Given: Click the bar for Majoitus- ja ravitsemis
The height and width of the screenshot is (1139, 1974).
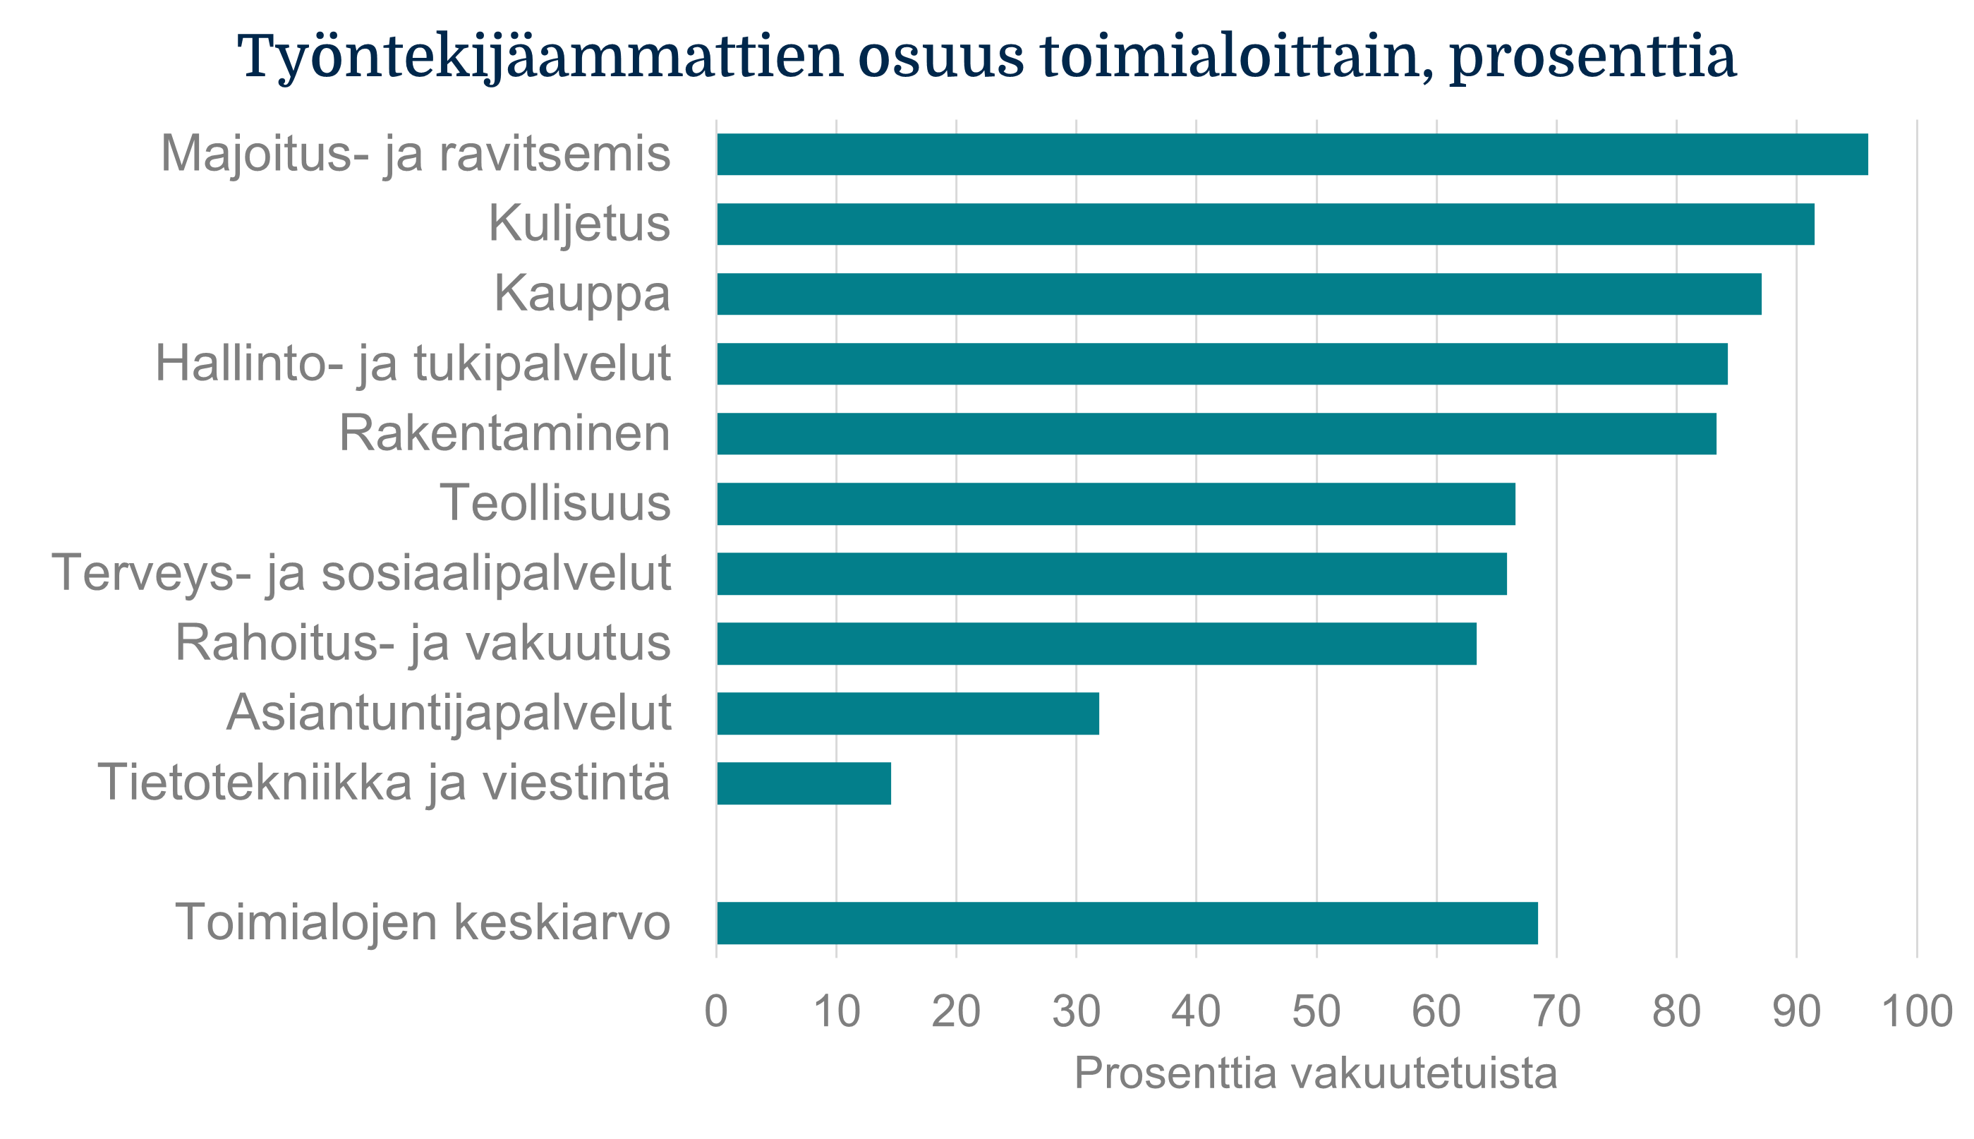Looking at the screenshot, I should [x=1292, y=154].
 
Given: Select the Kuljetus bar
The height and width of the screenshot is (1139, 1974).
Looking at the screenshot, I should [x=1266, y=224].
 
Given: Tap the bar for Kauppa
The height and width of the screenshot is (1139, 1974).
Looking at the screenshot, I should [x=1239, y=294].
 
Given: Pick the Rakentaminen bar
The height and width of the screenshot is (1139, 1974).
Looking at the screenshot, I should [x=1216, y=433].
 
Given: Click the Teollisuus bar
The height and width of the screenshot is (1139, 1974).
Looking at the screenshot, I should [x=1116, y=504].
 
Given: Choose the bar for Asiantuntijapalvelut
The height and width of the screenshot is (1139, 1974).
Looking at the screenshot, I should [x=908, y=713].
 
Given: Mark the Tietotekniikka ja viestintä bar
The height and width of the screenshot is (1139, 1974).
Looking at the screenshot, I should [x=804, y=783].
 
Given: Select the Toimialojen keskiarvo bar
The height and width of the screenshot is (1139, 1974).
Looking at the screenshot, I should [x=1127, y=923].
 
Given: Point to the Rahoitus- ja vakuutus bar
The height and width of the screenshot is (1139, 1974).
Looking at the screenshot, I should [x=1096, y=643].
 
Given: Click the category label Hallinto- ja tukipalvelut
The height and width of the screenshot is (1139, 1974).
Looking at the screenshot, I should [x=412, y=363].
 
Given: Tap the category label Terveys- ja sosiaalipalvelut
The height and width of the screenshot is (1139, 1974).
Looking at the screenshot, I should [x=361, y=574].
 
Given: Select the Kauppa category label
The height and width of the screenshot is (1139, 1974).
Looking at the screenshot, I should [x=582, y=294].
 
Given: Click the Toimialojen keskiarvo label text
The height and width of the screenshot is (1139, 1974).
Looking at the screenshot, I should [x=423, y=922].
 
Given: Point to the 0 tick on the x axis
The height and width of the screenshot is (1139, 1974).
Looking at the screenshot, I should [x=715, y=1011].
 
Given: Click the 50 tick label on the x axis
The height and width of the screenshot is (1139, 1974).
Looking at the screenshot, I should [x=1316, y=1011].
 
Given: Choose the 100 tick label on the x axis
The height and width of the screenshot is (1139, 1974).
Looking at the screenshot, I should [x=1917, y=1011].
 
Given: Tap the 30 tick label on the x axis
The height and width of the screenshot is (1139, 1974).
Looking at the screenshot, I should [x=1076, y=1011].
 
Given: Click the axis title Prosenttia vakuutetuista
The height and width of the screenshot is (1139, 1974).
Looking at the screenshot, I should [x=1316, y=1073].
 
